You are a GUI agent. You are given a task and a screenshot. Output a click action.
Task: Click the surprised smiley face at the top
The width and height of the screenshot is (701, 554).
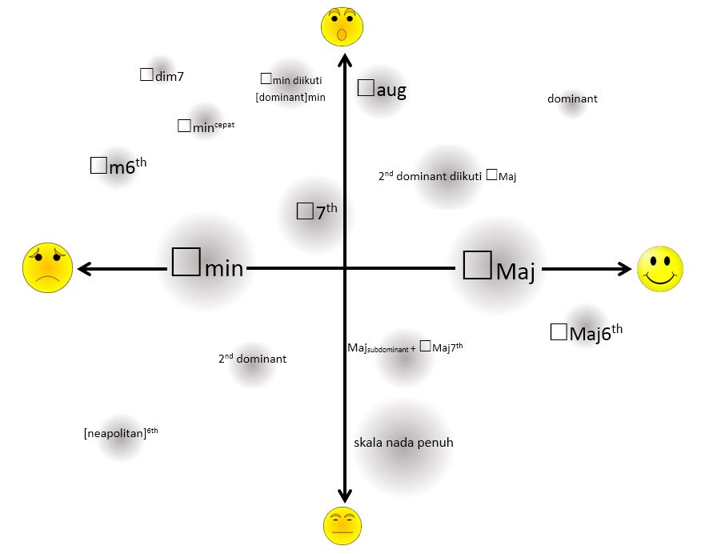pos(342,26)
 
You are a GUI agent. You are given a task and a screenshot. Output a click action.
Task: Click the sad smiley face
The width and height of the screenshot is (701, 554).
pos(47,267)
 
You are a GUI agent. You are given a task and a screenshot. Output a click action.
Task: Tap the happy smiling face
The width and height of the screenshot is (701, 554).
pos(660,269)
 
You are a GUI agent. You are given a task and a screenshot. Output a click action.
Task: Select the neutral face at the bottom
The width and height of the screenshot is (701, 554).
pos(343,525)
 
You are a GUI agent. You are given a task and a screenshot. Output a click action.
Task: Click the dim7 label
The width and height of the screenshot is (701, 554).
pos(162,76)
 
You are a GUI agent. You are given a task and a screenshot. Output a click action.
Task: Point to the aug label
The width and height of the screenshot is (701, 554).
pos(382,90)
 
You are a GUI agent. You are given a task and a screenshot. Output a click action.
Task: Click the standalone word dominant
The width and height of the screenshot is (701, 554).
pos(572,99)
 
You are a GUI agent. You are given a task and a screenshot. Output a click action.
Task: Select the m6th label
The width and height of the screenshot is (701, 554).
pos(118,166)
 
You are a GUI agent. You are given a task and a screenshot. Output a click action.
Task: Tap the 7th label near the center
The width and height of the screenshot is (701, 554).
pos(317,211)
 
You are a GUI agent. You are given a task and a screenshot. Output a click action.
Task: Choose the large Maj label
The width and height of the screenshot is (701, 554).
pos(499,267)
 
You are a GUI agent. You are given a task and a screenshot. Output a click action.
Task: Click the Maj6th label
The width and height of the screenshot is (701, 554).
pos(587,331)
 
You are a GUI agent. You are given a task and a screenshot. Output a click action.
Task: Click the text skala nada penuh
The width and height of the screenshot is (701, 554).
pos(403,442)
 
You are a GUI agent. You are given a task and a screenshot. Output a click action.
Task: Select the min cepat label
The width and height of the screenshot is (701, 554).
pos(206,126)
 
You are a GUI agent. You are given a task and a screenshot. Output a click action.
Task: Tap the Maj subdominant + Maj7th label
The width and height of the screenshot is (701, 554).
pos(405,347)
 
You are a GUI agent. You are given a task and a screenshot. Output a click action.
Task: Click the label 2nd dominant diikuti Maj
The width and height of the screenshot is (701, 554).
pos(447,176)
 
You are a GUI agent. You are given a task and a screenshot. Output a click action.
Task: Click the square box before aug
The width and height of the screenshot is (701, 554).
pos(366,88)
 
